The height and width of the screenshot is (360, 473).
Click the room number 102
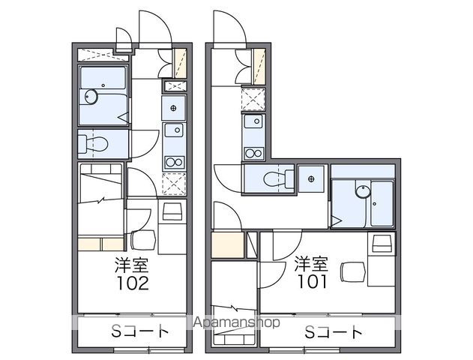click(x=133, y=283)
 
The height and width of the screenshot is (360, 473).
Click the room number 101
click(x=313, y=281)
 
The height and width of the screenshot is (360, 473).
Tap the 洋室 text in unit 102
click(x=132, y=265)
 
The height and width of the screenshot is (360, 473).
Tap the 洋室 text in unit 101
click(x=311, y=263)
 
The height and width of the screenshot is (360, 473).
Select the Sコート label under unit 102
click(x=140, y=331)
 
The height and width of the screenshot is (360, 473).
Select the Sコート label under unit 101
click(x=334, y=332)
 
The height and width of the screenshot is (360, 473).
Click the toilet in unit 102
click(x=93, y=144)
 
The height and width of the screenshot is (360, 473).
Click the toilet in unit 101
click(x=279, y=179)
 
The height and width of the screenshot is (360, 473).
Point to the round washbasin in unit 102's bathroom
click(x=91, y=97)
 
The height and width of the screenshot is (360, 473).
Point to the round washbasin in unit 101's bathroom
click(x=363, y=191)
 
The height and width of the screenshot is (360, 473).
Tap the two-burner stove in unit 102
click(x=175, y=162)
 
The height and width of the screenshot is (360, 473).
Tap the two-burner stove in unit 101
click(x=253, y=153)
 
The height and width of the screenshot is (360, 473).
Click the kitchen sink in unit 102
click(x=174, y=130)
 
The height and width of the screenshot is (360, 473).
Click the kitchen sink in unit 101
click(x=253, y=121)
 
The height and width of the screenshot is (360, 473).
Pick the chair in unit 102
click(x=143, y=240)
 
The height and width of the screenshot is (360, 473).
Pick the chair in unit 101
click(x=353, y=271)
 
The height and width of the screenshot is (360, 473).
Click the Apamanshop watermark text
click(x=237, y=322)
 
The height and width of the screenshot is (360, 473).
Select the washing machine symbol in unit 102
click(x=173, y=108)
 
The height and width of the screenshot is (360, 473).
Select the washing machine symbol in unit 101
click(x=311, y=179)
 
